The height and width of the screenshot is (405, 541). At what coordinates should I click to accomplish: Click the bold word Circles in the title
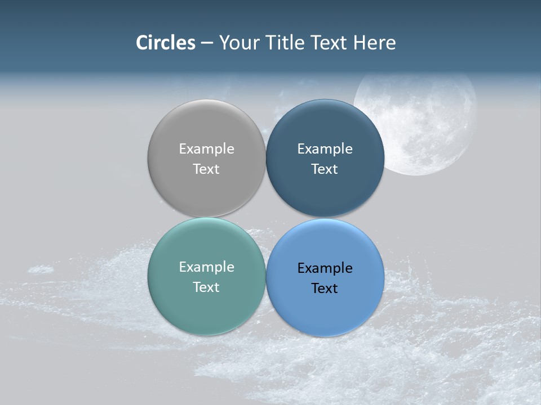166,43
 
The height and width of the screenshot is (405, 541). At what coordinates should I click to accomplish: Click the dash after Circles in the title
207,43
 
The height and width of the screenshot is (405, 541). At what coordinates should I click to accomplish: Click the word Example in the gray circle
206,149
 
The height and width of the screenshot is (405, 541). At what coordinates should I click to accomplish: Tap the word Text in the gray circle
206,169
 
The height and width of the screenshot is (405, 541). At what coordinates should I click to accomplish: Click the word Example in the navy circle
325,149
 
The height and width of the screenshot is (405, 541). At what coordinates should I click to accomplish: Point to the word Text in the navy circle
325,169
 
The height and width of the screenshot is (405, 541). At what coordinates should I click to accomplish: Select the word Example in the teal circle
206,267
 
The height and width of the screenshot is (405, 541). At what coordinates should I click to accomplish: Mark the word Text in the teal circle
206,287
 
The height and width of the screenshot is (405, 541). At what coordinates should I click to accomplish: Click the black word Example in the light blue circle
325,268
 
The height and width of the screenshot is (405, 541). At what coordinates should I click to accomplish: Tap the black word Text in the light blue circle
325,288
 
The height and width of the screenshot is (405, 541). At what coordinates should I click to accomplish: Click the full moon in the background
428,121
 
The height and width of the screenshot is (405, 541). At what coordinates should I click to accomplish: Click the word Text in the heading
330,43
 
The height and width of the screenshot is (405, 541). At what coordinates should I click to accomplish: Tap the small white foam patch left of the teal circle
41,269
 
